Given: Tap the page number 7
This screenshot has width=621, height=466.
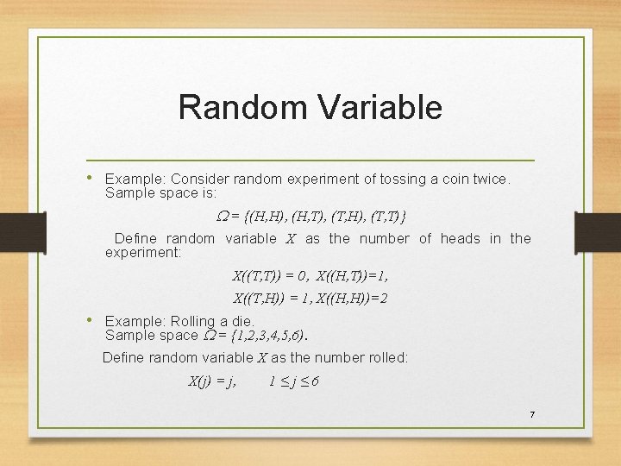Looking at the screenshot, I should (x=532, y=415).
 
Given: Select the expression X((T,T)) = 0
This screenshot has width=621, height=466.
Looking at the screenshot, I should (x=269, y=275).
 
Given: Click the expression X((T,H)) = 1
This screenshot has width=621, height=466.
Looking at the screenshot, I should (x=271, y=299).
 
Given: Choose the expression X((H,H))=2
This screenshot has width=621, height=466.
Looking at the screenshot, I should (x=351, y=299).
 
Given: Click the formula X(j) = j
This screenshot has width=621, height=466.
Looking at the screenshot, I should (x=212, y=381).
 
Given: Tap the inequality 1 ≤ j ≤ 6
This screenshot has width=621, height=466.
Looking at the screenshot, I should (x=294, y=381).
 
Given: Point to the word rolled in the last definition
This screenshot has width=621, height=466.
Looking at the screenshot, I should (x=386, y=357).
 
